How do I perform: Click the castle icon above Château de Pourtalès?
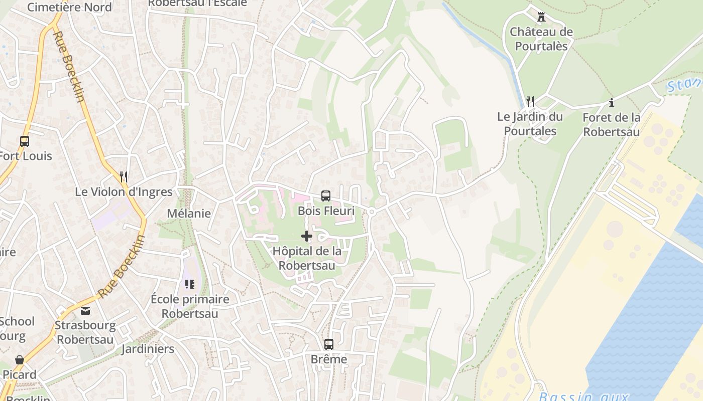(x=541, y=17)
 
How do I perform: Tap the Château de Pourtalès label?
(x=541, y=39)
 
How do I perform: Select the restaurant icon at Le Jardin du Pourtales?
(x=530, y=102)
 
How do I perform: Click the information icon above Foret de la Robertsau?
(x=612, y=103)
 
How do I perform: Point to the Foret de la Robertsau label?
(x=611, y=124)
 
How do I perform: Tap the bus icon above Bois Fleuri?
(x=326, y=196)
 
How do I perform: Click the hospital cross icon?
(x=306, y=236)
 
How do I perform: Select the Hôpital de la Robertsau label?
(x=306, y=258)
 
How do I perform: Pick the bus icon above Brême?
(x=329, y=344)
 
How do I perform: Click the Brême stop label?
(x=329, y=359)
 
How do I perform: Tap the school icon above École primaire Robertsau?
(x=190, y=284)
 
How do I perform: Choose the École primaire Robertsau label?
(x=190, y=306)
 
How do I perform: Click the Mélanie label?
(x=189, y=214)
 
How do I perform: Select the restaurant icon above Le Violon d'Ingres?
(x=124, y=176)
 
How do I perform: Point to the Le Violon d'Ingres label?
(x=124, y=192)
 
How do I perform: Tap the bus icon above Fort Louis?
(x=25, y=141)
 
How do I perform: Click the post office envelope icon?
(x=85, y=311)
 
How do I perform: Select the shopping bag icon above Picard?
(x=20, y=360)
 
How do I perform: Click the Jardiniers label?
(x=148, y=349)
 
